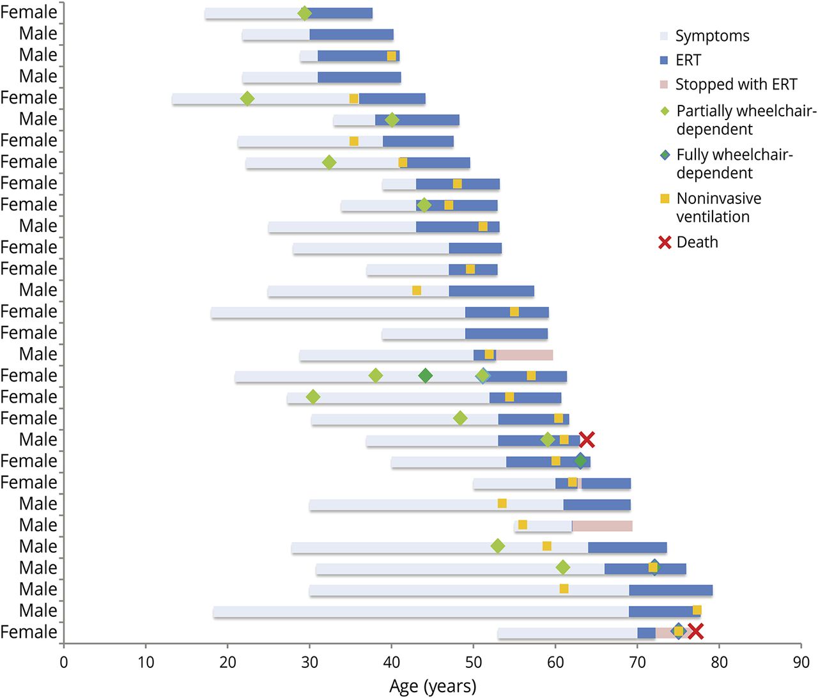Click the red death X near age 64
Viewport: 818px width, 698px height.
click(x=587, y=440)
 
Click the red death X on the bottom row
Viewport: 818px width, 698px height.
click(x=695, y=632)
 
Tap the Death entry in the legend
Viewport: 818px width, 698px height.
click(x=697, y=242)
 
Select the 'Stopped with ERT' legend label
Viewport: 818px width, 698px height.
click(x=736, y=84)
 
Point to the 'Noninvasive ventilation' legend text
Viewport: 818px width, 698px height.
click(x=718, y=208)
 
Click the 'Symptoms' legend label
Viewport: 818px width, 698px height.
click(x=712, y=36)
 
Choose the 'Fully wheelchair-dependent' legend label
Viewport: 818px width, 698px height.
click(x=734, y=164)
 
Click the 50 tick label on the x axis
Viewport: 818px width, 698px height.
click(x=474, y=662)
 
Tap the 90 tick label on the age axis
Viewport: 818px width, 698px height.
click(x=801, y=662)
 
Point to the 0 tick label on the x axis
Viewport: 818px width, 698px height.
click(x=64, y=662)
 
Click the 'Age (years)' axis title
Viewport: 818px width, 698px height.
click(x=433, y=686)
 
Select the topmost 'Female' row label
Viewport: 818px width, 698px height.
click(x=29, y=12)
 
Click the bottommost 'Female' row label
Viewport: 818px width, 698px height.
click(x=29, y=632)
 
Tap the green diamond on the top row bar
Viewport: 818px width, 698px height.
click(x=305, y=13)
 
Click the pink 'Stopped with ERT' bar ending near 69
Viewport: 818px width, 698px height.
click(x=602, y=526)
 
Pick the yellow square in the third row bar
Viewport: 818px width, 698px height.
click(x=392, y=56)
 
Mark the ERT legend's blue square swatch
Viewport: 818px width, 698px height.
click(x=664, y=60)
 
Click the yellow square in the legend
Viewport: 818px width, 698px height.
click(x=665, y=199)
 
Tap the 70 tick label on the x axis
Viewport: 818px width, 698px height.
click(x=637, y=662)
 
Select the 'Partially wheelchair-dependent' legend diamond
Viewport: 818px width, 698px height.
click(x=665, y=111)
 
